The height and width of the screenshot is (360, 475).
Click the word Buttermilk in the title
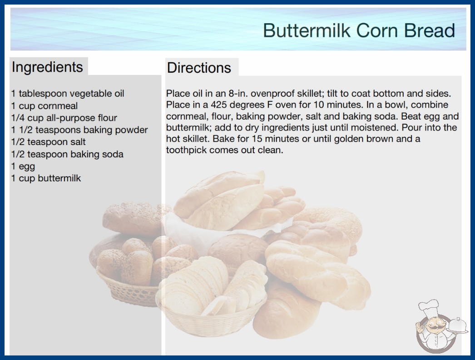[307, 30]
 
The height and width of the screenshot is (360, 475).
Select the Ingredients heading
[47, 67]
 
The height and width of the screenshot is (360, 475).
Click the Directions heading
[199, 68]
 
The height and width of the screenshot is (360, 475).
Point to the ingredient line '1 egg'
[23, 166]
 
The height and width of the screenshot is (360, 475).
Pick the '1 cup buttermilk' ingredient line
[46, 178]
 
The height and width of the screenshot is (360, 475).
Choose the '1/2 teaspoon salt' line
[49, 142]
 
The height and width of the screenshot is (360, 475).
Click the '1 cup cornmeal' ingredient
[45, 106]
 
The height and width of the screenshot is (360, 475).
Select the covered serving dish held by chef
[458, 326]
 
